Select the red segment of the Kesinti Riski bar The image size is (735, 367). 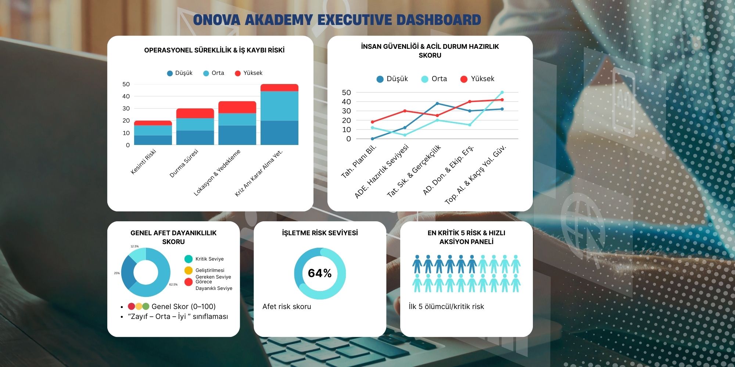[x=153, y=123]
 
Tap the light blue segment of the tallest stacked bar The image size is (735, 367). [x=279, y=106]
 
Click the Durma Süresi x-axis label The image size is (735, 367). [x=184, y=163]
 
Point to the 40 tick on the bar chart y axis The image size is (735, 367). [x=126, y=96]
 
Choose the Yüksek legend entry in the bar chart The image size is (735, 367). [x=249, y=73]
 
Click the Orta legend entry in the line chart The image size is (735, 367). [x=434, y=79]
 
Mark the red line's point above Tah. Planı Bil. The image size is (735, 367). [x=373, y=122]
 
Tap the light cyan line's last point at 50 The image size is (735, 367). [x=502, y=92]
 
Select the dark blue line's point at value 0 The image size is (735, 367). [x=373, y=139]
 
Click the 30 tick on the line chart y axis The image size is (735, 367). [x=346, y=111]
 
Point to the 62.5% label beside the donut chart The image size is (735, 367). [x=173, y=284]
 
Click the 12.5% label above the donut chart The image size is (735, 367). [x=135, y=246]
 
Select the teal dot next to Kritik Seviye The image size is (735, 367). [x=189, y=259]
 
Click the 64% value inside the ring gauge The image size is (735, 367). [x=320, y=273]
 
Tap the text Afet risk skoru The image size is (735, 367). [x=287, y=306]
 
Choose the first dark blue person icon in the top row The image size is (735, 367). [x=417, y=264]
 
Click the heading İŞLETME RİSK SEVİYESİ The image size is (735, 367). [x=320, y=233]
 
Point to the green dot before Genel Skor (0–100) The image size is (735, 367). [x=146, y=306]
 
